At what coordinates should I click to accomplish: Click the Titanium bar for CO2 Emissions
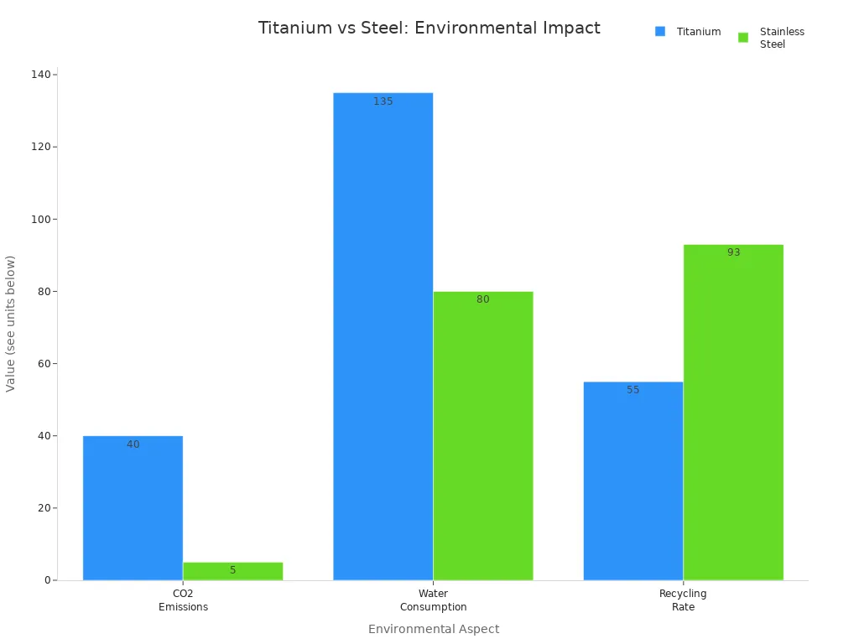133,507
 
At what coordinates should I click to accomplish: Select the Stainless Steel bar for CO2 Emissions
232,571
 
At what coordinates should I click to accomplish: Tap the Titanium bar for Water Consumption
383,335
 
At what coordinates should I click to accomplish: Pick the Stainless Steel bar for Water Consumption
482,435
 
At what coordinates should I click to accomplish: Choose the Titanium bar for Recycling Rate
633,480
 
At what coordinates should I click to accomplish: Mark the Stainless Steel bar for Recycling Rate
733,412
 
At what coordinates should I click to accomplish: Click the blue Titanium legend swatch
660,32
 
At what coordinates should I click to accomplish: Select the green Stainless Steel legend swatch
743,38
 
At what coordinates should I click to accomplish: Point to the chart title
429,28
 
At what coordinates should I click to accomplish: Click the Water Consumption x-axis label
433,600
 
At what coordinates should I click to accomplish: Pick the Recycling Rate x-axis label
683,600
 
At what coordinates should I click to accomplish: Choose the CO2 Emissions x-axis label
183,600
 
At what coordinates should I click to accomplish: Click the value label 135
383,101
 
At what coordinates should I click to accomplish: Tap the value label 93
733,252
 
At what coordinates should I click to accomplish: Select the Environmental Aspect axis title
433,629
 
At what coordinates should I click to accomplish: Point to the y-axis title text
11,323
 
